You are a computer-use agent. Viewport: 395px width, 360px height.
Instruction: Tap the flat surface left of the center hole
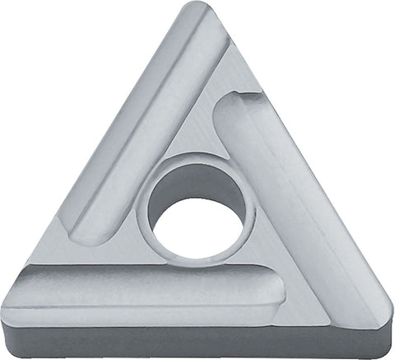click(123, 247)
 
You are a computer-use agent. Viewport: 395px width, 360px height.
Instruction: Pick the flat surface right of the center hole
click(263, 239)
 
